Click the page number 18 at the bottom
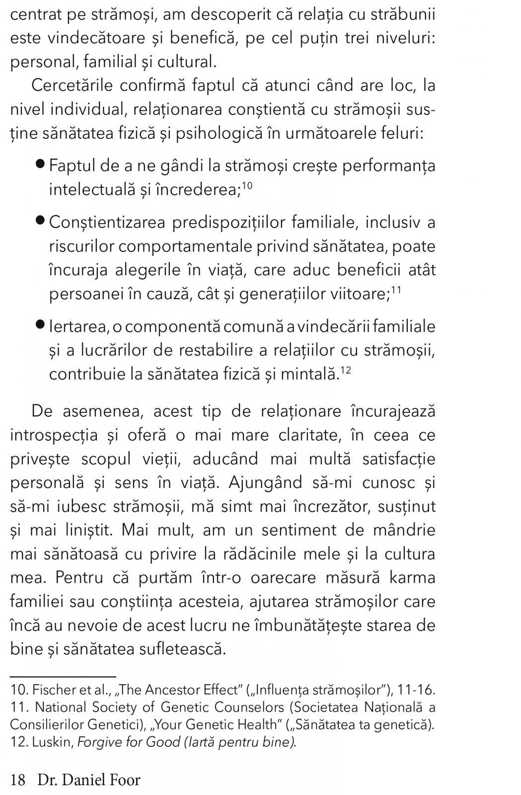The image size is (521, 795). coord(17,780)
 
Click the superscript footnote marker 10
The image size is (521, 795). coord(248,185)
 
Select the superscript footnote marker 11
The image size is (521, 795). coord(396,290)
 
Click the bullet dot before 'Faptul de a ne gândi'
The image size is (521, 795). coord(41,164)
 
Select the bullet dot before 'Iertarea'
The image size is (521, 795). coord(41,325)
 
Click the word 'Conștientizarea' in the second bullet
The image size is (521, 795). coord(107,222)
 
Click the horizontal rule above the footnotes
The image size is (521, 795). coord(63,676)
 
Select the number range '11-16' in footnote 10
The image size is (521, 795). coord(417,690)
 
